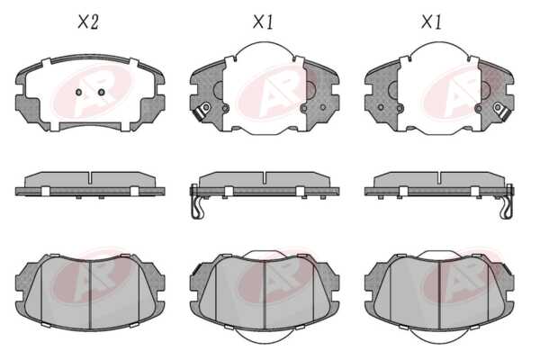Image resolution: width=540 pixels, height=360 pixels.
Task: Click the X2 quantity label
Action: (x=88, y=22)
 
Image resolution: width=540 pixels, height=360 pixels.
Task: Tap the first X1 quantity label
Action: (x=263, y=22)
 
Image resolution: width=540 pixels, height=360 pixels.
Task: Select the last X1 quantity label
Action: (x=431, y=22)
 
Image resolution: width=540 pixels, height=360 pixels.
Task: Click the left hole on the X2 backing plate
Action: (x=78, y=92)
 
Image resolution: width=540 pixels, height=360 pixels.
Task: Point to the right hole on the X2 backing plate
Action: (x=101, y=92)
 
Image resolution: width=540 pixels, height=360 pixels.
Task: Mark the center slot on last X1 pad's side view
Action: (x=439, y=177)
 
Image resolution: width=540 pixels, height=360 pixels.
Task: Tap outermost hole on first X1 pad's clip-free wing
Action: (x=323, y=107)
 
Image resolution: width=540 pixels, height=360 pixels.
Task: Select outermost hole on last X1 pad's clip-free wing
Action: (x=381, y=107)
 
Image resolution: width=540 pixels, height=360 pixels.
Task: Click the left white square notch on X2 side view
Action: (x=46, y=191)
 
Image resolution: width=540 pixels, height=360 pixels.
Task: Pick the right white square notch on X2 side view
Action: (x=135, y=191)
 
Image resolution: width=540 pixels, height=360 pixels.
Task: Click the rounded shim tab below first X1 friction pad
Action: (x=265, y=337)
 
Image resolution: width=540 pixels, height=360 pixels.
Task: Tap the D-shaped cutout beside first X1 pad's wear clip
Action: (x=218, y=90)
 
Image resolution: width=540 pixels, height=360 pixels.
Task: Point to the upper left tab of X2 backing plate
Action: (x=46, y=62)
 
